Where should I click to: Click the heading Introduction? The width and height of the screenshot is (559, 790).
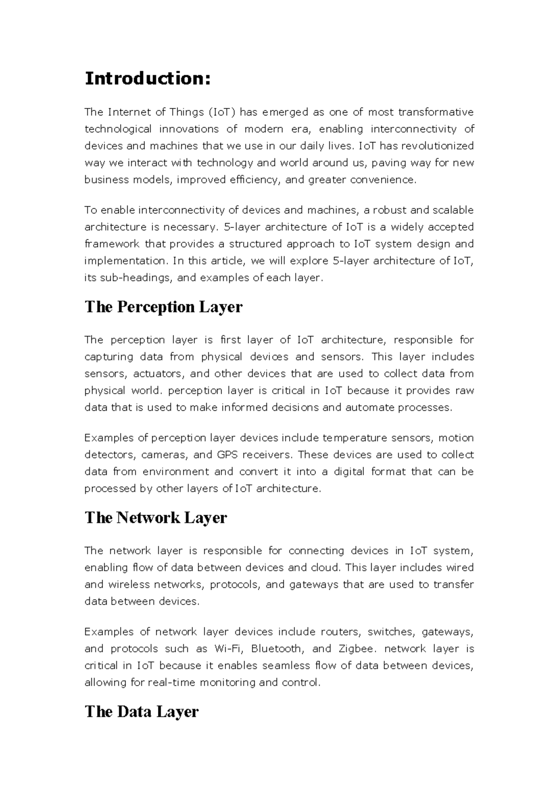click(148, 79)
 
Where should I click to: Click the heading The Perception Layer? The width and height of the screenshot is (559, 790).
click(164, 307)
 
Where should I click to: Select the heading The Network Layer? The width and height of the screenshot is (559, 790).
click(156, 518)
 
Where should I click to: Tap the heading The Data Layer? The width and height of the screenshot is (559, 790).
click(142, 711)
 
